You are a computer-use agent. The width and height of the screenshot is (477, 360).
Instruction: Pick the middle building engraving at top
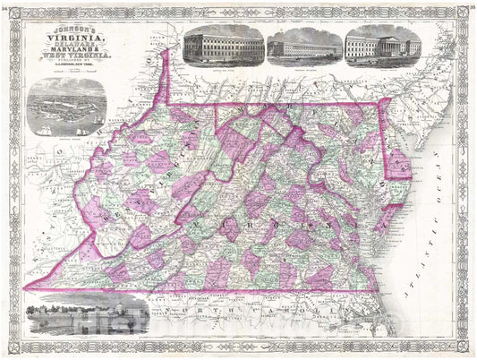point(304,45)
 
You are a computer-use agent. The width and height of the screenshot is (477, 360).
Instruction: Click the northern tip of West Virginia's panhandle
point(167,52)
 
